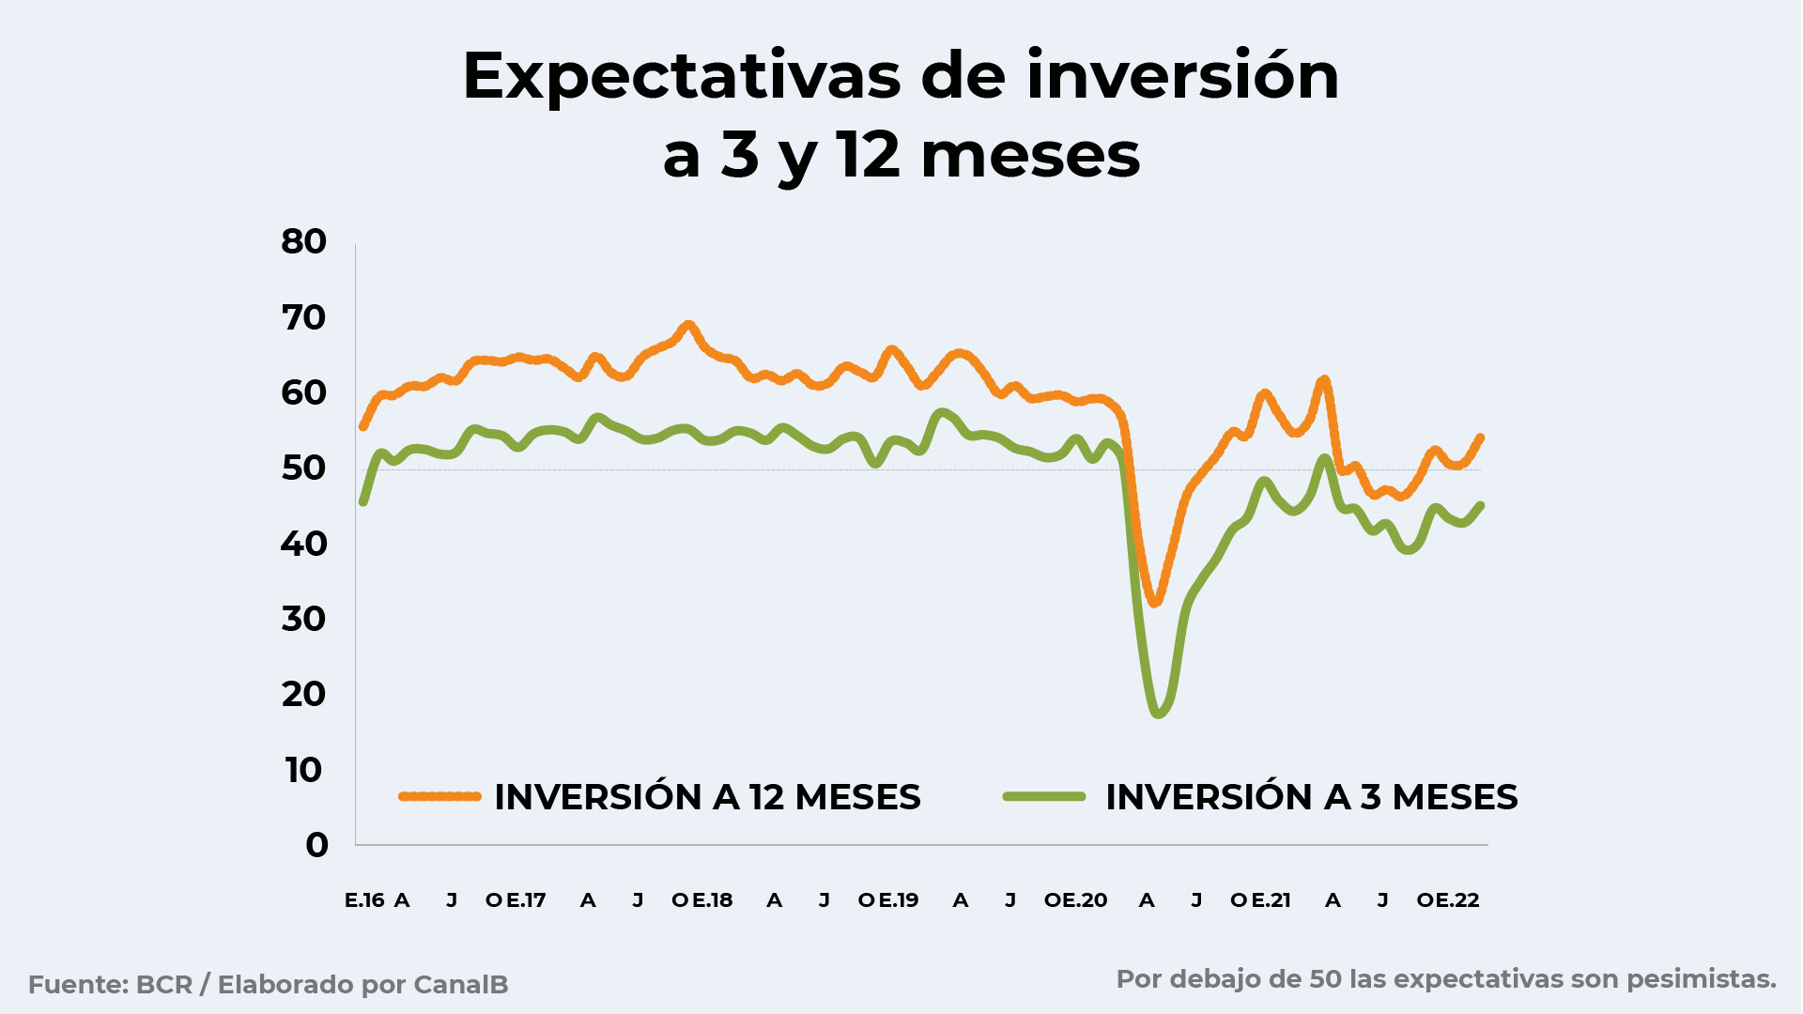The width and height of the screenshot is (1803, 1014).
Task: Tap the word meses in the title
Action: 1030,155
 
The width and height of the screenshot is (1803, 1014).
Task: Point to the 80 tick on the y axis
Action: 303,241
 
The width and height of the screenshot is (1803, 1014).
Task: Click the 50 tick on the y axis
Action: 303,468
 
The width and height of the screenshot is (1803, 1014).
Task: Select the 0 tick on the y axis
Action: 316,845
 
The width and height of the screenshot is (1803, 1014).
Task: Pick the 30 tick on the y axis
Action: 303,619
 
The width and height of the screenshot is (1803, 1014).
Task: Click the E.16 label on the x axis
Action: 364,900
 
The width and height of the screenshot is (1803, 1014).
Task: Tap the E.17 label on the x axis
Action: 526,900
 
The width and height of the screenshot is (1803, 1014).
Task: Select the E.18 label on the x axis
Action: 713,900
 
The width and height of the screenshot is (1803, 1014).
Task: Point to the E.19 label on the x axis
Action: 899,900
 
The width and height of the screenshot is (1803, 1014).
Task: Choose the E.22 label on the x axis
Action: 1458,900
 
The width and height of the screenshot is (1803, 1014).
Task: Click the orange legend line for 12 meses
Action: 439,796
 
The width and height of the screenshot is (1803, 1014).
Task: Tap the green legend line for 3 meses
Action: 1044,796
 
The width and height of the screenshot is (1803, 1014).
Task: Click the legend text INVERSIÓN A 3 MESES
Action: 1312,797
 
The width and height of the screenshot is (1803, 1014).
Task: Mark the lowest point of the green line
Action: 1158,714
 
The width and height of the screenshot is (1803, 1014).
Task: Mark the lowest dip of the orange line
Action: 1155,602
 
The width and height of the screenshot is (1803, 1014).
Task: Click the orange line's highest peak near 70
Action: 688,326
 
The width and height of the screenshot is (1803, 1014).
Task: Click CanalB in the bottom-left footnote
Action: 461,985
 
